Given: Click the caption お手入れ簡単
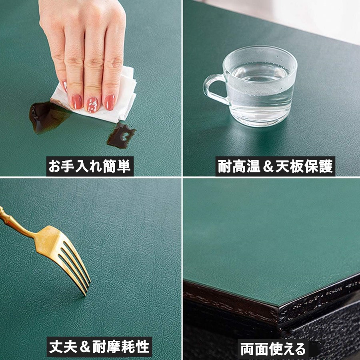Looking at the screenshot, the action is pyautogui.click(x=90, y=166).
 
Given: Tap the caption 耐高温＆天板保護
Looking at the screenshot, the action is pyautogui.click(x=275, y=166).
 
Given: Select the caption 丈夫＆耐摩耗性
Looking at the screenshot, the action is pyautogui.click(x=99, y=347).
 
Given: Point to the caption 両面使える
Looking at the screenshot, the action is pyautogui.click(x=273, y=349).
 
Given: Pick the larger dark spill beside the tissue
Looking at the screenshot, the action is pyautogui.click(x=47, y=117).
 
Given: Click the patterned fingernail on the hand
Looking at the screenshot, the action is pyautogui.click(x=92, y=105).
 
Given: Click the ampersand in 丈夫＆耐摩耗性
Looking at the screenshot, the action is pyautogui.click(x=85, y=347).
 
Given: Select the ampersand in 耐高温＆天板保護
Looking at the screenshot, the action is pyautogui.click(x=268, y=166).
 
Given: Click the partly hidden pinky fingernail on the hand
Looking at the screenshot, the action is pyautogui.click(x=65, y=86).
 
